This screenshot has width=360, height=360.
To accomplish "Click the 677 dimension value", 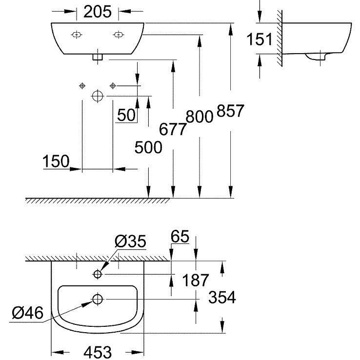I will pos(173,129).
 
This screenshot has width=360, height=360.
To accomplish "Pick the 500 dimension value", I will pos(148,147).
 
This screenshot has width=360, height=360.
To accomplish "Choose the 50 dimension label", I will pos(126,115).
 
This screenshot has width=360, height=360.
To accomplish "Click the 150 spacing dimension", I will pos(56,161).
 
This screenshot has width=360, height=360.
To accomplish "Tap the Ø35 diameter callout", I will pos(130,240).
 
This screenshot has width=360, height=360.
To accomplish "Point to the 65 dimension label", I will pos(180,238).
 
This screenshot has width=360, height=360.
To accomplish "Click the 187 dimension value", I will pos(196,280).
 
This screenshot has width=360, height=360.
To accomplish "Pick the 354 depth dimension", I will pos(222,297).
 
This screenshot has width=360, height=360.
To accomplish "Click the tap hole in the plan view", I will pos(98,275).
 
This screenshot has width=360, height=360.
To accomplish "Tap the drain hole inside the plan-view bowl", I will pos(98,299).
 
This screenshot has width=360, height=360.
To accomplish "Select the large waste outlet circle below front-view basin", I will pos(98,96).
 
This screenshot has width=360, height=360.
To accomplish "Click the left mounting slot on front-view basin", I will pos(77,34).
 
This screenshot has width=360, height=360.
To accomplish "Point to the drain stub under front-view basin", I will pos(98,57).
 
